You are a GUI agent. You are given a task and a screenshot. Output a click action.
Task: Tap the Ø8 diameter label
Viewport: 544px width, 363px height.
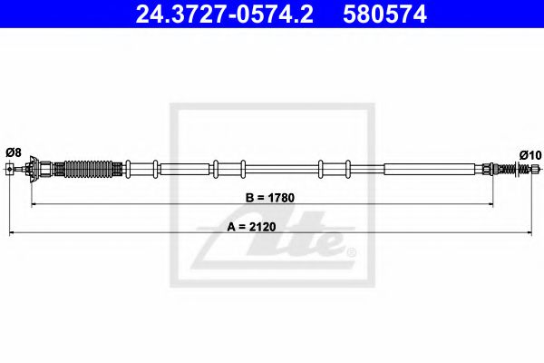(13, 152)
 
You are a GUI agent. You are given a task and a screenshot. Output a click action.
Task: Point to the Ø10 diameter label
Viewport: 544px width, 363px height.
(529, 154)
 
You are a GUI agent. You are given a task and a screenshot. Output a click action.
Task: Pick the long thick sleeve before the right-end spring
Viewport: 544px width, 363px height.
(429, 169)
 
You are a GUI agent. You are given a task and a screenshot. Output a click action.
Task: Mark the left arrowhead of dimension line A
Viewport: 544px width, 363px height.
(12, 235)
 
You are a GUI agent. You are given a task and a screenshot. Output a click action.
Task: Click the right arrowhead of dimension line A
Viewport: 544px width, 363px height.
(534, 235)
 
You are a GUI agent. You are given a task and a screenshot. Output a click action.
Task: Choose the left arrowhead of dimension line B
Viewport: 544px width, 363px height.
(35, 205)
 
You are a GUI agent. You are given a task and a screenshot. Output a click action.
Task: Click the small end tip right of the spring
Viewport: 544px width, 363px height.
(535, 169)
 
